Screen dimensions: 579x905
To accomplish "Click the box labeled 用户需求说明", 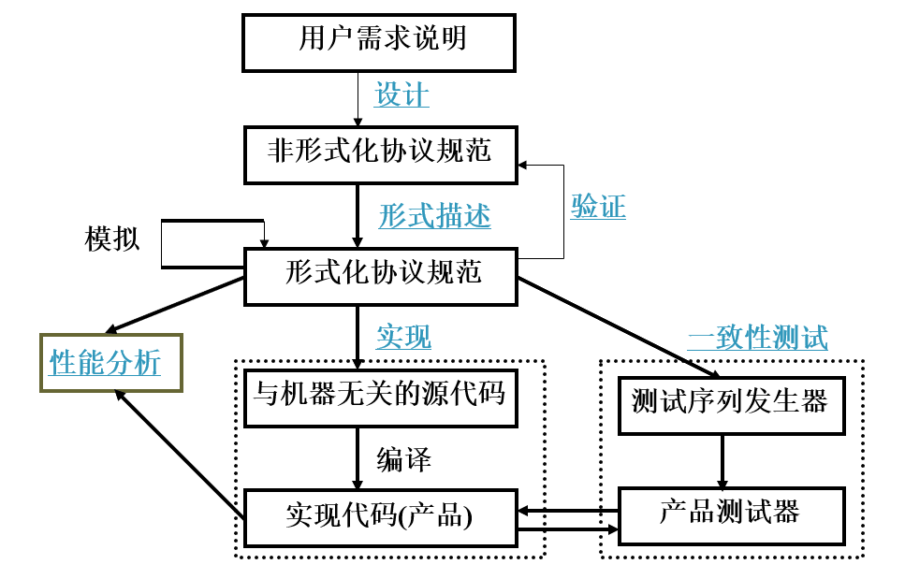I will click(379, 42).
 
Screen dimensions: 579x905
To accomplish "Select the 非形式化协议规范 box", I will click(380, 154).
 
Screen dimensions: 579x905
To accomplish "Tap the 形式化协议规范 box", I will click(380, 276).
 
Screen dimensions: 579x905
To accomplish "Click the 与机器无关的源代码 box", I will click(380, 397).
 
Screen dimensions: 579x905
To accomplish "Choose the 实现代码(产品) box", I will click(379, 517).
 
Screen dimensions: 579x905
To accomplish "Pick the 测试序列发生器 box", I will click(730, 404).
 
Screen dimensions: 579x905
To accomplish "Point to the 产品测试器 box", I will click(730, 515).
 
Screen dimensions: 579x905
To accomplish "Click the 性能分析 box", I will click(109, 362).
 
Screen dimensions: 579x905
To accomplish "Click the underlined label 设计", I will click(401, 94).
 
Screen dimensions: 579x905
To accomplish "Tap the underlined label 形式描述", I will click(434, 216).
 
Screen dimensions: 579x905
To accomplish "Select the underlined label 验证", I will click(598, 207).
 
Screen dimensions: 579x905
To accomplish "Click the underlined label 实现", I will click(403, 336).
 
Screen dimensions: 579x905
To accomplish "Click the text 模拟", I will click(112, 239).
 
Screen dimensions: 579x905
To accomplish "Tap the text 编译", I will click(403, 459).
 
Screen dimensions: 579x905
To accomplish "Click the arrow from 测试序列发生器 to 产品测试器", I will click(723, 461).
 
